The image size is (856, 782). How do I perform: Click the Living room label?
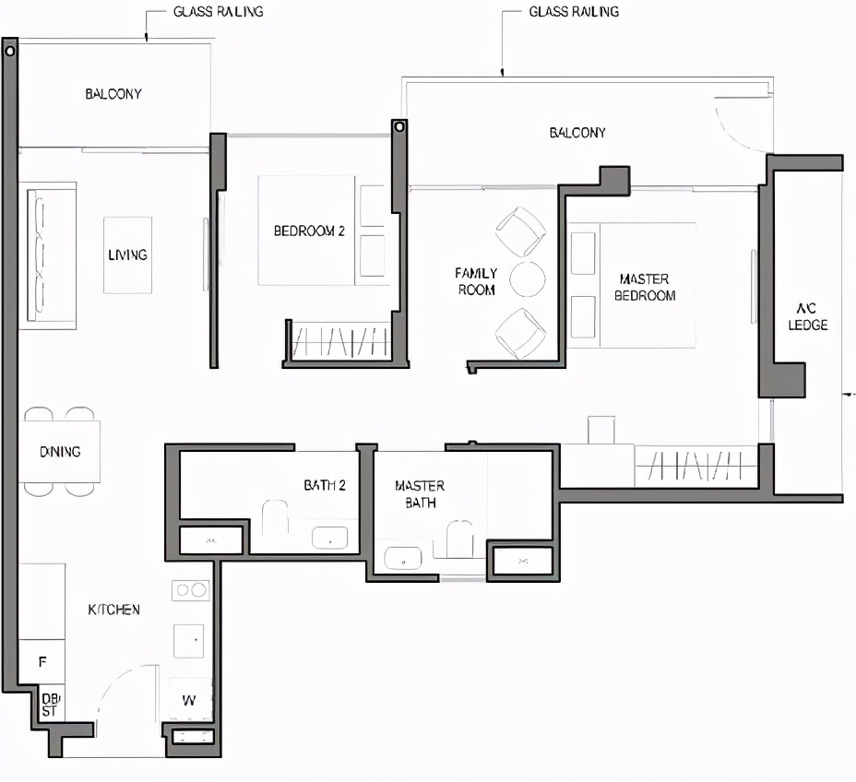click(x=127, y=255)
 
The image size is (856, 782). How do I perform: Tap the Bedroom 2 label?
click(x=309, y=231)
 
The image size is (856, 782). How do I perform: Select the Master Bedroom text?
click(x=645, y=287)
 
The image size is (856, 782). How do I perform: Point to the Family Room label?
click(x=476, y=281)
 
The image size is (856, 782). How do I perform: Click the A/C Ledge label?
click(x=807, y=316)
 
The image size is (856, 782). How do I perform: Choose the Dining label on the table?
click(x=60, y=451)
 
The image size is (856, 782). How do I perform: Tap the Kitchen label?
click(x=114, y=609)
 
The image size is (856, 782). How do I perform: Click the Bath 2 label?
click(x=325, y=484)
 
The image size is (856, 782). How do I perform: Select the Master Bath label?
click(x=420, y=494)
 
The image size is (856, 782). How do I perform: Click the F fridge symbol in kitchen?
click(x=42, y=662)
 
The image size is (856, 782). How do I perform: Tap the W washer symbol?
click(x=189, y=700)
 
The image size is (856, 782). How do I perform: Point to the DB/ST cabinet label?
click(x=50, y=705)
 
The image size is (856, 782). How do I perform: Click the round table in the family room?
click(x=528, y=278)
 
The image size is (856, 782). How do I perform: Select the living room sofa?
click(x=47, y=256)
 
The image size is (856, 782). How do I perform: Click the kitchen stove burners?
click(x=191, y=590)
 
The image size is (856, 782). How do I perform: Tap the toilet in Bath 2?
click(x=275, y=516)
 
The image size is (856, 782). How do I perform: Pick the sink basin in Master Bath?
click(x=403, y=558)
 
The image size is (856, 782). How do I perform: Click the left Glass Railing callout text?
click(x=219, y=11)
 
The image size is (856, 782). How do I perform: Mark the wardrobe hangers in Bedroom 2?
click(x=340, y=340)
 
